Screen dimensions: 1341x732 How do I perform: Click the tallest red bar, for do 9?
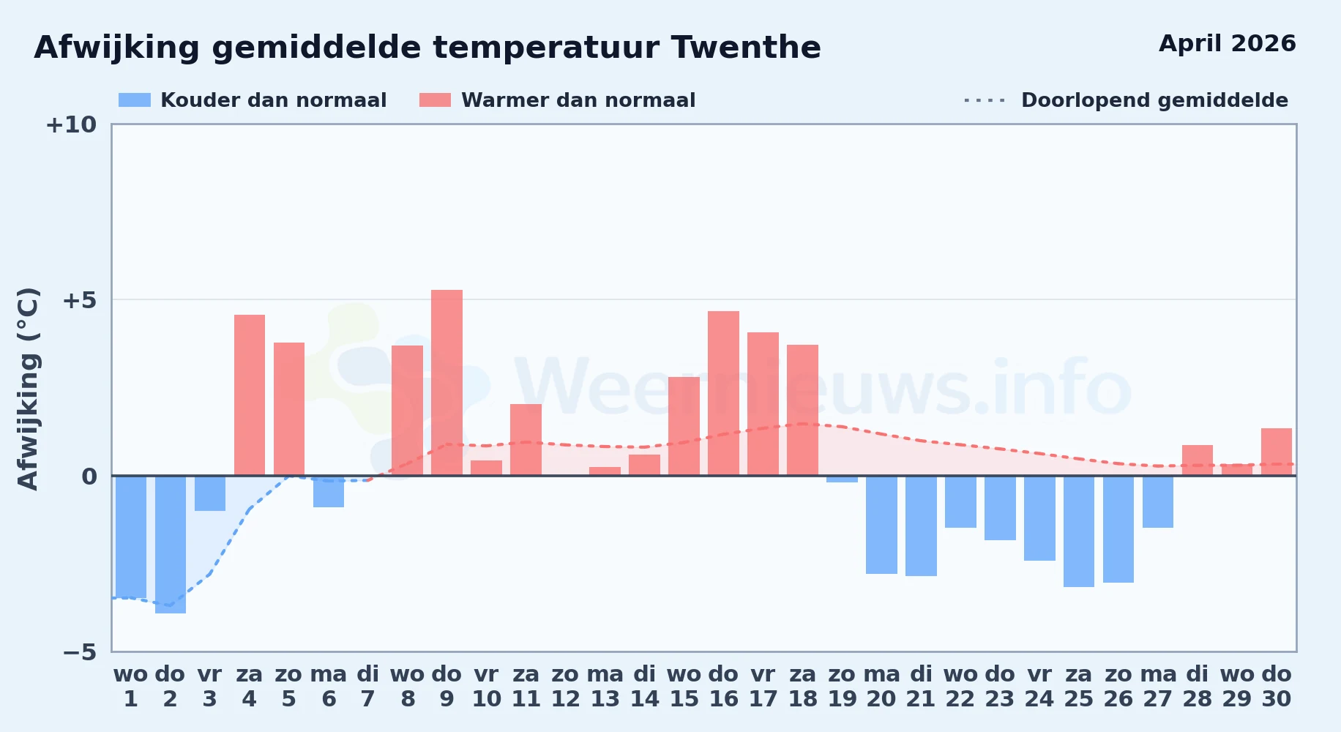[447, 383]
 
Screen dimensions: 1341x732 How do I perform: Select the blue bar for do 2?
[171, 545]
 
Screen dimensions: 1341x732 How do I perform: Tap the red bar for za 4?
[250, 395]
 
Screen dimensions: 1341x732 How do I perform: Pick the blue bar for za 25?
[1079, 531]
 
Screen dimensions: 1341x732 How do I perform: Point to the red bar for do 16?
[723, 393]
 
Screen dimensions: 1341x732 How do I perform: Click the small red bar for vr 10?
[486, 468]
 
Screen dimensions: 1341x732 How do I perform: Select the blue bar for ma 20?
[881, 525]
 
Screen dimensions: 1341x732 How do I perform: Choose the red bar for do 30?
[1277, 452]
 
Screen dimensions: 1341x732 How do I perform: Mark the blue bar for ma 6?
[329, 491]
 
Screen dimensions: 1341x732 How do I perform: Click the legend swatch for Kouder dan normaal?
[135, 100]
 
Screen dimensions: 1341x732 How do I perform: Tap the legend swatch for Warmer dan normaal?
[435, 100]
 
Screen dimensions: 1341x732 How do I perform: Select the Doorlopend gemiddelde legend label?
[1154, 100]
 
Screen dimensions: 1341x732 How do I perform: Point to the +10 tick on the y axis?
[71, 124]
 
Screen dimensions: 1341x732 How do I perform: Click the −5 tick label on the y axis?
[80, 651]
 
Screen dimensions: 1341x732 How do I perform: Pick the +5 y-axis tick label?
[80, 300]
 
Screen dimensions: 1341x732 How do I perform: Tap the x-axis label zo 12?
[566, 687]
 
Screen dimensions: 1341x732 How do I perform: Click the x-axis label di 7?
[368, 687]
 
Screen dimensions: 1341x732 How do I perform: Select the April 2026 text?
[1228, 44]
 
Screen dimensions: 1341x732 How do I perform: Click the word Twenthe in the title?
[746, 48]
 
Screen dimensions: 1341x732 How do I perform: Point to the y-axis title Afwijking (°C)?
[28, 389]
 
